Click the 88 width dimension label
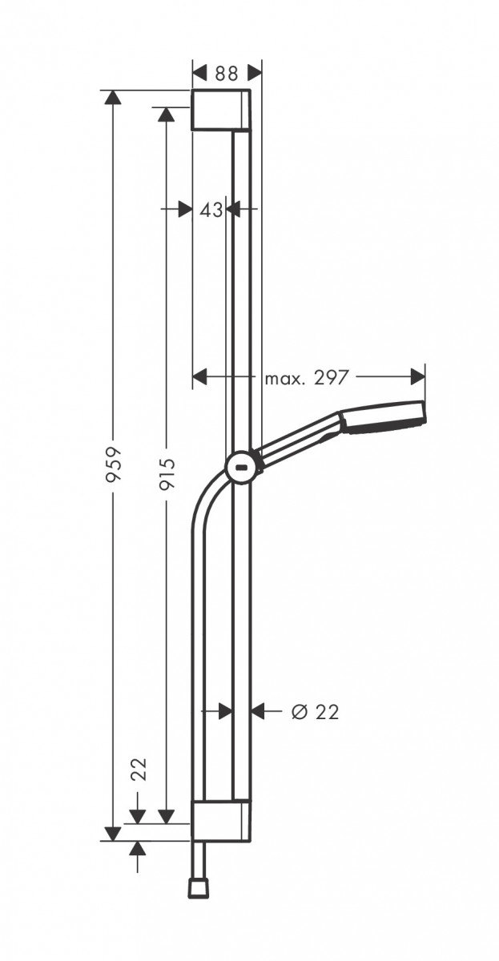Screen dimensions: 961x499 point(227,73)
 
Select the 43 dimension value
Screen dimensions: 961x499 point(211,210)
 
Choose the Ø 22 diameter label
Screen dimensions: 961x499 point(316,711)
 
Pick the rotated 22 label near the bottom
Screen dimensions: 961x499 point(139,770)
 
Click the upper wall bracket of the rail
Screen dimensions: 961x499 point(221,111)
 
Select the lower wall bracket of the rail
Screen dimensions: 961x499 point(221,820)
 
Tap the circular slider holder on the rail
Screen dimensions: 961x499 point(241,467)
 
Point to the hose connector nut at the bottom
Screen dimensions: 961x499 point(196,887)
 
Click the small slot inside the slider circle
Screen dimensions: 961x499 point(241,468)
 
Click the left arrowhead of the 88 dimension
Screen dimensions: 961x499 point(200,73)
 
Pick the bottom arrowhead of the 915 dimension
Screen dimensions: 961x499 point(166,816)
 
